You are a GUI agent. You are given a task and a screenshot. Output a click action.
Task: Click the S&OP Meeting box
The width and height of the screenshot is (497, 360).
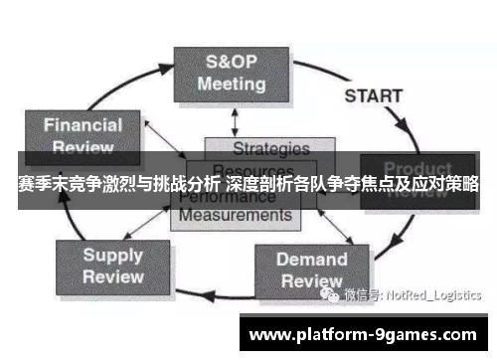point(231,73)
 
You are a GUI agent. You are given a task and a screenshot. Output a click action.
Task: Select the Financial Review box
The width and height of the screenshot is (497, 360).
point(83,136)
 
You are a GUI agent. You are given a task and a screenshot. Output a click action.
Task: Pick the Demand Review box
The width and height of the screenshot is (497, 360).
point(311,270)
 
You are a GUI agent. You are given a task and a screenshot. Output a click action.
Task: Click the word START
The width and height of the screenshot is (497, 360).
point(374,97)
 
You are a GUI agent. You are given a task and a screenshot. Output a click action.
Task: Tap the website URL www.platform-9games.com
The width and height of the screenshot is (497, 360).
point(364,333)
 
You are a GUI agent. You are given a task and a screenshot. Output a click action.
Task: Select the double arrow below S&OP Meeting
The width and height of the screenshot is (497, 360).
point(234,119)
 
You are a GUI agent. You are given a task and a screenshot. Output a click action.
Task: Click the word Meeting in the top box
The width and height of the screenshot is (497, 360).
point(232,84)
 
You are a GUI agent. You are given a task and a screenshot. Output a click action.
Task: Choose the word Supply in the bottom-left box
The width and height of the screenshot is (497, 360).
point(112,255)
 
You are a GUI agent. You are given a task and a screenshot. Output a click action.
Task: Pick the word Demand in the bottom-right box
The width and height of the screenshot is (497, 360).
point(312,260)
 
